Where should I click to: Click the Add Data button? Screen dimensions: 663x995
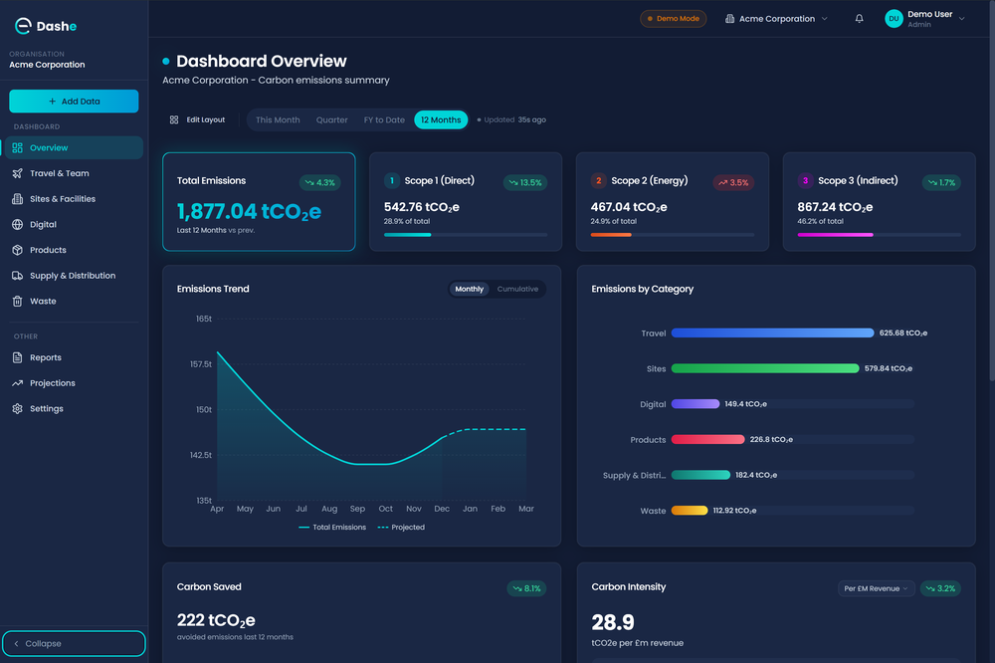(x=74, y=102)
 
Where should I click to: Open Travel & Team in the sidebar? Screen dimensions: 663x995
(x=59, y=173)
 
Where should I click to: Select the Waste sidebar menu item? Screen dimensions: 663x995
(x=43, y=301)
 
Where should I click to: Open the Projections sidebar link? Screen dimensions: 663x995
(x=52, y=383)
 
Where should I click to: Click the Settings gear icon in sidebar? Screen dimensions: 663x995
(x=18, y=409)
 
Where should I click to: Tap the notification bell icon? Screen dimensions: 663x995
(x=860, y=19)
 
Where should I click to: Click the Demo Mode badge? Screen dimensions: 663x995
(x=674, y=19)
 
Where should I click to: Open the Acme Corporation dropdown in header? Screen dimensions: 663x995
(x=777, y=19)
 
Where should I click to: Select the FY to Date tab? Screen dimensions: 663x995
(x=384, y=120)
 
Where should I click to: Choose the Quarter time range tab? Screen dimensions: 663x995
(x=332, y=120)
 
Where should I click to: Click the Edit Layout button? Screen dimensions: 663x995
(x=198, y=120)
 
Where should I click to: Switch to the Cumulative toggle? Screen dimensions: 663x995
(x=517, y=290)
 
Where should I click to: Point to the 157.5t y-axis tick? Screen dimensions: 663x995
(x=200, y=364)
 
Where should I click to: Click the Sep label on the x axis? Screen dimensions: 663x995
(x=357, y=509)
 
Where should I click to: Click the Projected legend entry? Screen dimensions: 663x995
(x=401, y=528)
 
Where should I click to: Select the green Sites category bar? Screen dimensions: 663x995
(x=764, y=368)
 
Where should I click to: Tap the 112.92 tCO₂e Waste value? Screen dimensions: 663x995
(x=734, y=511)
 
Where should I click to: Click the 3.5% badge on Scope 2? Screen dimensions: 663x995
(x=732, y=183)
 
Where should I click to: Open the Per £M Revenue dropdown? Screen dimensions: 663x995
(x=875, y=588)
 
